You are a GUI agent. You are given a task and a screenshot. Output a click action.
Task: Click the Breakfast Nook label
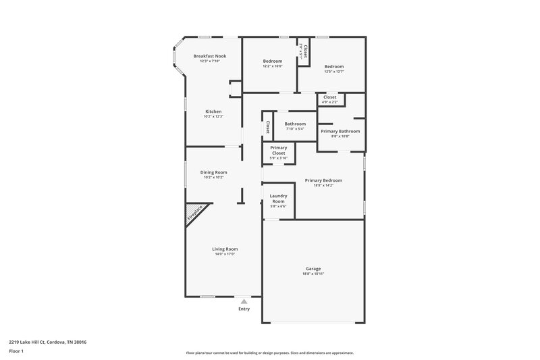click(x=209, y=56)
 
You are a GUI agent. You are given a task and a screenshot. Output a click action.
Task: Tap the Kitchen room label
click(x=213, y=111)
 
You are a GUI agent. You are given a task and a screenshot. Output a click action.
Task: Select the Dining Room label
click(x=213, y=172)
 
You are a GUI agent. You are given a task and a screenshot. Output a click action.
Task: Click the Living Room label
click(x=226, y=249)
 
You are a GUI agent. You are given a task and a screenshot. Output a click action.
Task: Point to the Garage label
click(x=313, y=269)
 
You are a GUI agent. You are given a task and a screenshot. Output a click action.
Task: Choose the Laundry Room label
click(x=279, y=199)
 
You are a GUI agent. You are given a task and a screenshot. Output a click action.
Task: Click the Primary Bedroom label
click(x=323, y=180)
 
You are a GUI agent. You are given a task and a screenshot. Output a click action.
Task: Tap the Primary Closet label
click(x=279, y=151)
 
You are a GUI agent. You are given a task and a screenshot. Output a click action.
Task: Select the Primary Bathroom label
click(x=340, y=131)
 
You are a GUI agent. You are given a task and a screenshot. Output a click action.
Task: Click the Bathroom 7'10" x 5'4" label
click(x=295, y=124)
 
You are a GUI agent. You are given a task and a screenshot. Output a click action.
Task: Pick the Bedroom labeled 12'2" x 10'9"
click(x=273, y=61)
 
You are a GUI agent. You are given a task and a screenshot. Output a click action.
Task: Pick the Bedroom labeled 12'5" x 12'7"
click(x=334, y=67)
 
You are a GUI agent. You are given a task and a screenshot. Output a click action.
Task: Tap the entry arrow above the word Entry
click(x=244, y=301)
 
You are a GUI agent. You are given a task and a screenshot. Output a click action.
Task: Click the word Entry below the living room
click(x=244, y=309)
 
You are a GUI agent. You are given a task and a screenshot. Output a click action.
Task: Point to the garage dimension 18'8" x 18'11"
click(x=313, y=274)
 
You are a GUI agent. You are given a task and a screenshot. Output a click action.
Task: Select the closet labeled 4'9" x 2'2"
click(x=330, y=97)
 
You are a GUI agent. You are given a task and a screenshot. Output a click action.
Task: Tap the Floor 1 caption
click(x=16, y=351)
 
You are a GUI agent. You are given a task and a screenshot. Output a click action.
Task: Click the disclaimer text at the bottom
click(x=270, y=353)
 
